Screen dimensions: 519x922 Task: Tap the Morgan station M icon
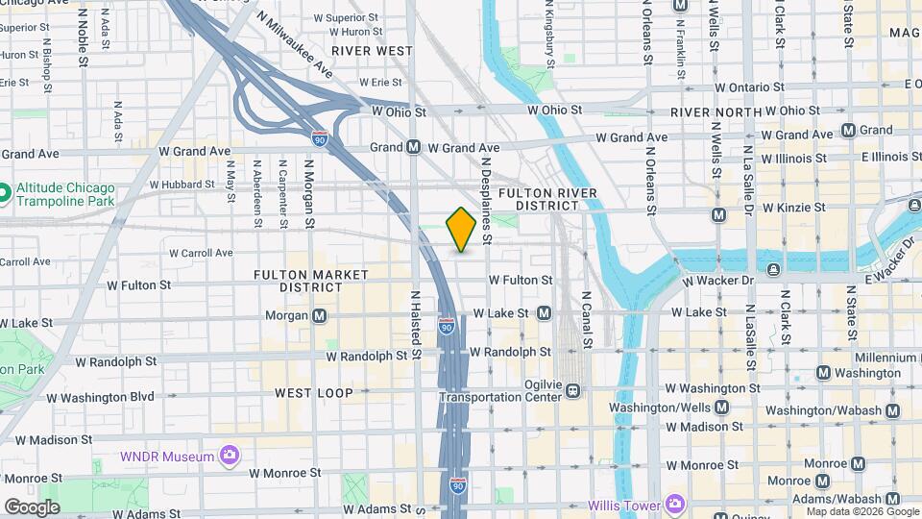pos(319,315)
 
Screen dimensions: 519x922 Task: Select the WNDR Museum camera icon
pos(229,455)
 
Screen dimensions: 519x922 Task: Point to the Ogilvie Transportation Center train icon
pos(572,390)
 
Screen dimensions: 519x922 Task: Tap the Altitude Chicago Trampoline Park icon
pos(5,194)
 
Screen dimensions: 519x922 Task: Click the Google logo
pos(32,507)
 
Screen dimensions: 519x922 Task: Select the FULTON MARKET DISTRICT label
pos(310,281)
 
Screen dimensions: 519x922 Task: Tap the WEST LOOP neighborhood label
pos(314,393)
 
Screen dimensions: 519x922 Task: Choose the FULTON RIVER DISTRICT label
pos(547,200)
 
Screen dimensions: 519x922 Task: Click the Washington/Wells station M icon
pos(721,407)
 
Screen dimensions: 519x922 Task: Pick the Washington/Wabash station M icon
pos(893,410)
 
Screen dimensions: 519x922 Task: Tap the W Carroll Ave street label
pos(201,254)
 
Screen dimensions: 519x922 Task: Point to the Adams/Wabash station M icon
pos(893,499)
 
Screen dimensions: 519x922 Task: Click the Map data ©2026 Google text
pos(861,510)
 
